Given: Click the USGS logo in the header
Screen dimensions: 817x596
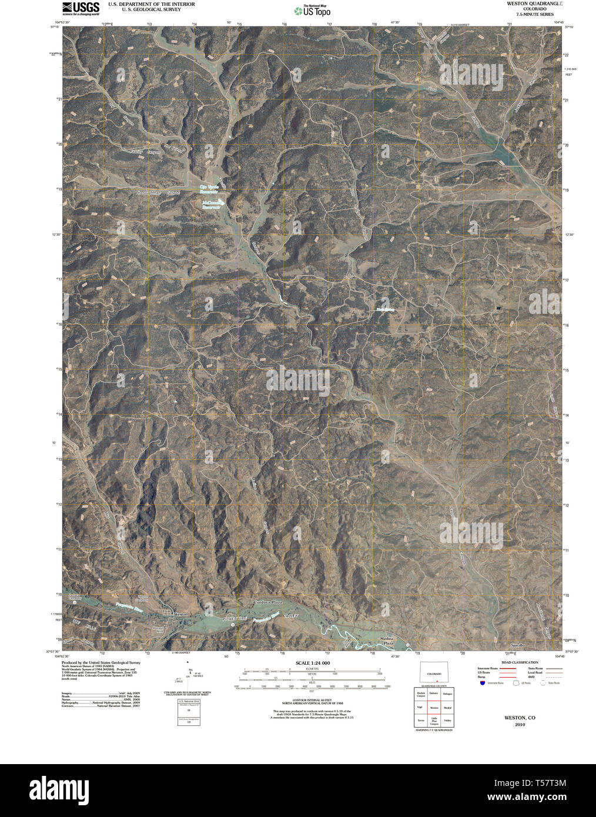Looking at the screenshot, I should coord(80,8).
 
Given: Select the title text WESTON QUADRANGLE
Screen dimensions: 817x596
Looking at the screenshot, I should coord(530,4).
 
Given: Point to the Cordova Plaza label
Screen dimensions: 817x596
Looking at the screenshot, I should coord(268,603).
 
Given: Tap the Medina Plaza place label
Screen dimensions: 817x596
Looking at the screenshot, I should coord(386,641).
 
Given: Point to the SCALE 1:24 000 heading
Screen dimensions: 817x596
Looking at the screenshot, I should coord(313,663).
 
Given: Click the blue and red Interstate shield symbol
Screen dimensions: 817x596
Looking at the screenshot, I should coord(483,683).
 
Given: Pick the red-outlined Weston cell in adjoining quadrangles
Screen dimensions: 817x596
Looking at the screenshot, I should coord(434,708).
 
